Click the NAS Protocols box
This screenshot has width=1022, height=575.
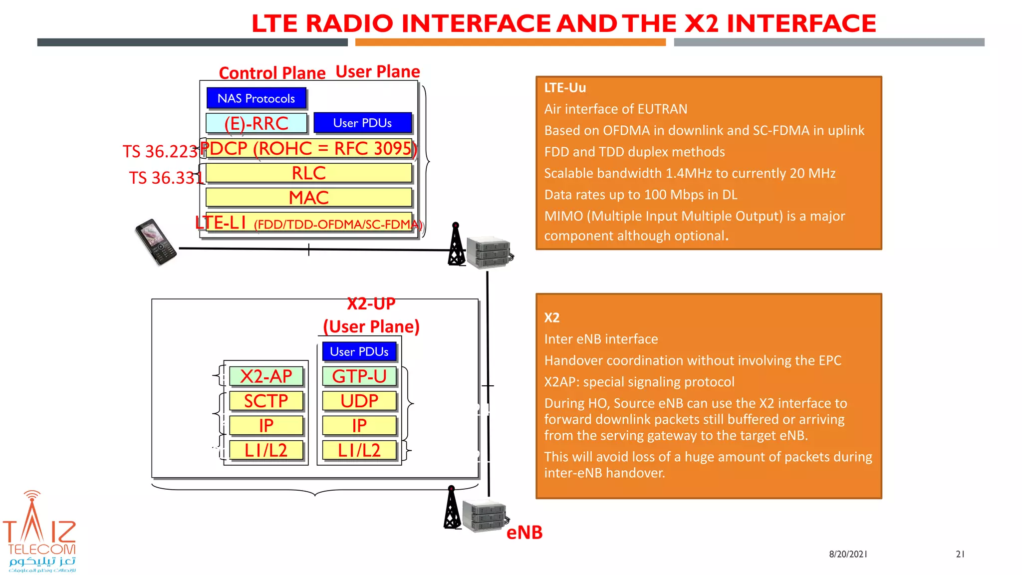pyautogui.click(x=256, y=98)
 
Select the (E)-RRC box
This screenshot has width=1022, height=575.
pyautogui.click(x=256, y=123)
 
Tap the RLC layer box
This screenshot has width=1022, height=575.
pyautogui.click(x=309, y=173)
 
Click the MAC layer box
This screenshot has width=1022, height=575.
pyautogui.click(x=309, y=198)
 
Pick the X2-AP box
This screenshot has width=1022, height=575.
pyautogui.click(x=266, y=376)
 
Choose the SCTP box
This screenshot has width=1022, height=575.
pyautogui.click(x=266, y=401)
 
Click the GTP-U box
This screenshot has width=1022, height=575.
pyautogui.click(x=359, y=376)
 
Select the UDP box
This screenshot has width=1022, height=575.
pyautogui.click(x=359, y=401)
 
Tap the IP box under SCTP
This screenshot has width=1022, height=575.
pyautogui.click(x=266, y=426)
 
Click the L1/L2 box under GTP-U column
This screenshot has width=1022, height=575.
pyautogui.click(x=359, y=450)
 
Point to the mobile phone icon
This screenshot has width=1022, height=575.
pyautogui.click(x=156, y=242)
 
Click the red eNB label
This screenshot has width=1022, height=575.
pyautogui.click(x=524, y=533)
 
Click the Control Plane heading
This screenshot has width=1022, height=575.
pyautogui.click(x=272, y=73)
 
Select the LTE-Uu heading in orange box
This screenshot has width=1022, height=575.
pyautogui.click(x=565, y=88)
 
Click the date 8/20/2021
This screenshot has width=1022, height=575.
pyautogui.click(x=848, y=554)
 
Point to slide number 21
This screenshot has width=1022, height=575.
pyautogui.click(x=960, y=554)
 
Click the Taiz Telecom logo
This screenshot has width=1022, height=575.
pyautogui.click(x=40, y=532)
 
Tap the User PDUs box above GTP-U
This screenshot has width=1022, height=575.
pyautogui.click(x=359, y=351)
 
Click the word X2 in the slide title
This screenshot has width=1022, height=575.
pyautogui.click(x=701, y=23)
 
